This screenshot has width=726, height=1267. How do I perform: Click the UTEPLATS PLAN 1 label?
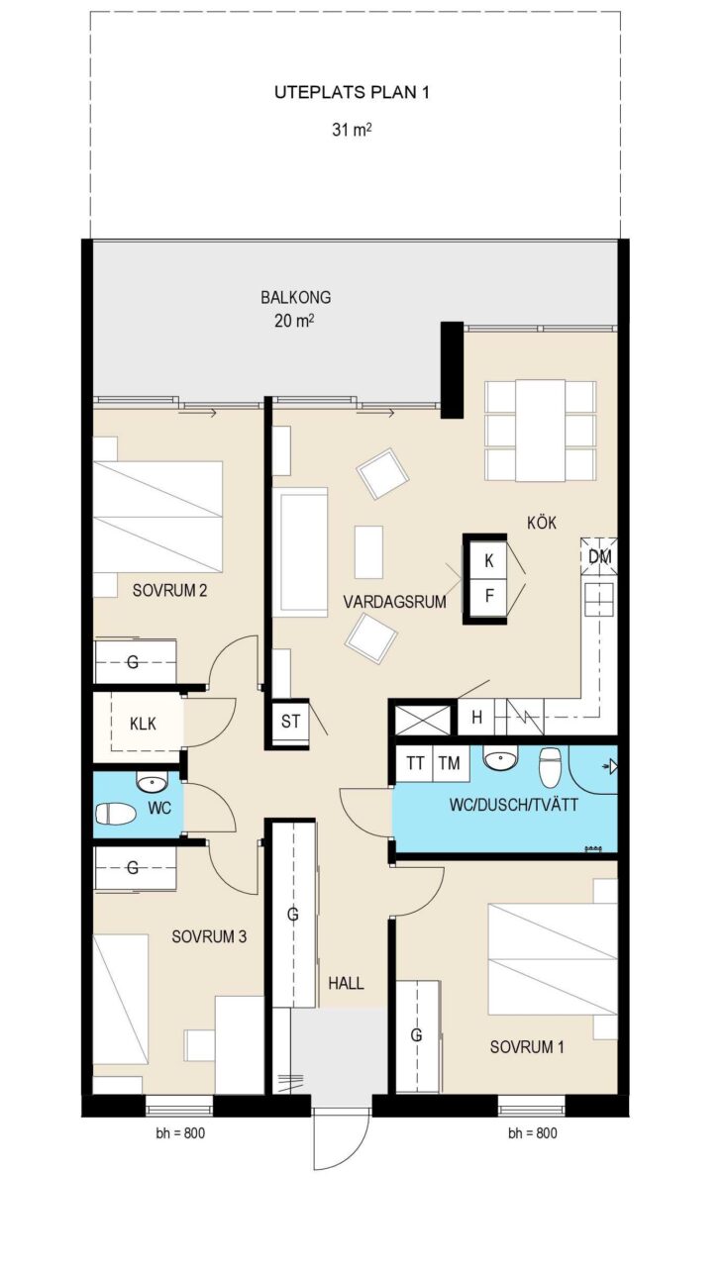(x=352, y=93)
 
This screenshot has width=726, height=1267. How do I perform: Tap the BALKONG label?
(x=295, y=297)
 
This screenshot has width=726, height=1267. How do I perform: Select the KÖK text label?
(x=542, y=522)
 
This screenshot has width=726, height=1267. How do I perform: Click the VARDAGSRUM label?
(x=394, y=602)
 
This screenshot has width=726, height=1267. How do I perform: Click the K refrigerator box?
(x=488, y=560)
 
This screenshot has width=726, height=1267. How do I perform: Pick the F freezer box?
(x=488, y=596)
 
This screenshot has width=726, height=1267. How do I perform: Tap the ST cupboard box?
(x=290, y=722)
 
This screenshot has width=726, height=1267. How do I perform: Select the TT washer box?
(x=415, y=763)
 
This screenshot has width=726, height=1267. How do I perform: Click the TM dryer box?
(x=451, y=763)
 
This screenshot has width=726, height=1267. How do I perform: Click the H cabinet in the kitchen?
(x=476, y=717)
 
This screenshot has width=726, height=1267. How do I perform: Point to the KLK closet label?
(x=143, y=724)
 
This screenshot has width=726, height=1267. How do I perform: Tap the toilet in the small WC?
(x=116, y=815)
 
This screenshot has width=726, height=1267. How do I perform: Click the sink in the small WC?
(x=152, y=783)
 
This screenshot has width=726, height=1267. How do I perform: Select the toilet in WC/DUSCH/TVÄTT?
(x=550, y=766)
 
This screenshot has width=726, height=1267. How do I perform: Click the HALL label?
(x=346, y=983)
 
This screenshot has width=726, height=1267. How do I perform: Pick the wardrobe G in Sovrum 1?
(x=417, y=1036)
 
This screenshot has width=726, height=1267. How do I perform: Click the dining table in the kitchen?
(x=541, y=431)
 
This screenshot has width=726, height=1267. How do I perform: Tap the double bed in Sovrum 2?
(x=157, y=516)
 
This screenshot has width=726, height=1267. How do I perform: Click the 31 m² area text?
(x=352, y=130)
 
